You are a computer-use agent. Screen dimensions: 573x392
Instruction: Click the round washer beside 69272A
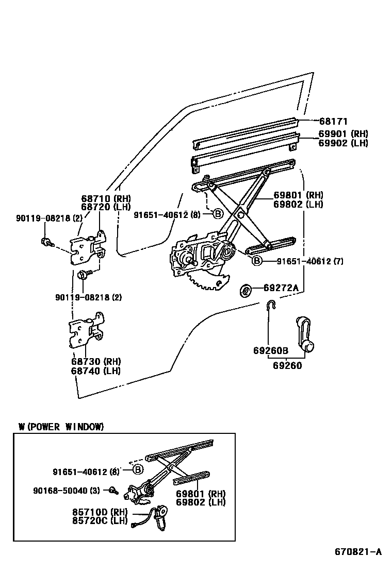tap(246, 290)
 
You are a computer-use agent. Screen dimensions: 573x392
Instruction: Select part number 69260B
tap(270, 351)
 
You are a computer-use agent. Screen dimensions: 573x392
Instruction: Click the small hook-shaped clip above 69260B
tap(271, 305)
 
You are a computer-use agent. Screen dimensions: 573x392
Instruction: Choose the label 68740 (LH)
tap(95, 370)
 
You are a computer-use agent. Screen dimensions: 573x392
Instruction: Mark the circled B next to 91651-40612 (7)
tap(257, 261)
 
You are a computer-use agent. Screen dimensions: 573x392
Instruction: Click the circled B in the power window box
tap(138, 469)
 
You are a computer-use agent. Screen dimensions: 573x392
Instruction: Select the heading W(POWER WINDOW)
tap(61, 427)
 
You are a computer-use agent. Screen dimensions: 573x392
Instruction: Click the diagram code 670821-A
tap(358, 552)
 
